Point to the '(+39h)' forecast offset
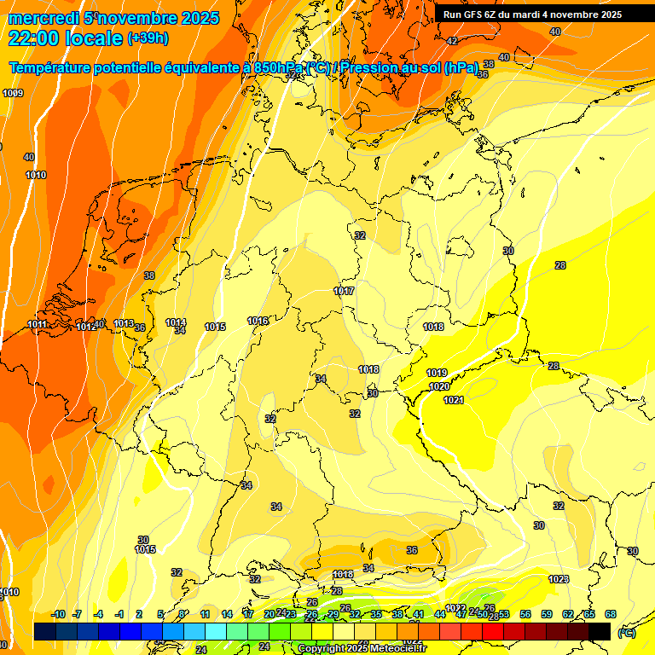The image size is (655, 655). click(x=147, y=38)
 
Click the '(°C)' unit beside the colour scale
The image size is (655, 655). click(x=626, y=633)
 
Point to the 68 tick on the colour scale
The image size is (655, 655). click(x=611, y=614)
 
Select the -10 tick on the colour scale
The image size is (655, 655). click(x=58, y=614)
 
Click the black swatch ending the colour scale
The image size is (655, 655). click(x=600, y=631)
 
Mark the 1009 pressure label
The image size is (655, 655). click(x=13, y=93)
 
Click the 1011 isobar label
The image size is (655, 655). click(x=38, y=324)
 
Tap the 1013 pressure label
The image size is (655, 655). click(x=124, y=323)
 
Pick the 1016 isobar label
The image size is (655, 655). click(x=258, y=321)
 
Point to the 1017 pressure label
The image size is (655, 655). click(x=344, y=291)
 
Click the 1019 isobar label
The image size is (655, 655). click(x=437, y=373)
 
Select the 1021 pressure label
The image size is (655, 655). click(x=453, y=400)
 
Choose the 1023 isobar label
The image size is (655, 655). click(x=559, y=579)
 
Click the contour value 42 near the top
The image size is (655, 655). click(x=452, y=41)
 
